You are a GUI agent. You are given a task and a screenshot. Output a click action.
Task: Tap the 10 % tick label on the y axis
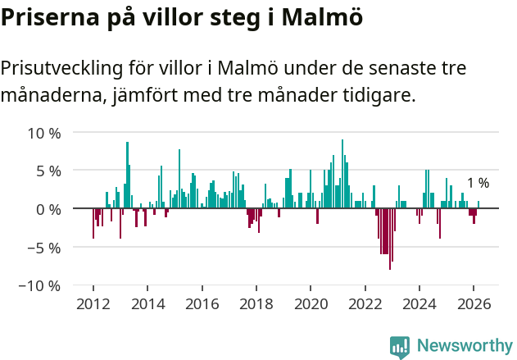44,133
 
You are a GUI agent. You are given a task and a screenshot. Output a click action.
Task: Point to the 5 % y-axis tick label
48,171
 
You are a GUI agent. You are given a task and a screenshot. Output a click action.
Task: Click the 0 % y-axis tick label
48,209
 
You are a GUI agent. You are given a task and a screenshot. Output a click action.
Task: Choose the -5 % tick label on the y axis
44,247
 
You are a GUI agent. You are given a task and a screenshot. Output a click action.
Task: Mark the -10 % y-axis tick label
41,285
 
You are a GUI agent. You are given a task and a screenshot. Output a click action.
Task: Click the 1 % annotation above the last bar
478,183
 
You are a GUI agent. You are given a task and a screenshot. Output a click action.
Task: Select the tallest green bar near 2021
342,174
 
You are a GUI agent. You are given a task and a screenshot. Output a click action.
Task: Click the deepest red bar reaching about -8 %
390,239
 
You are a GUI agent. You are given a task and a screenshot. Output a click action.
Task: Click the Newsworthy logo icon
400,346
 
